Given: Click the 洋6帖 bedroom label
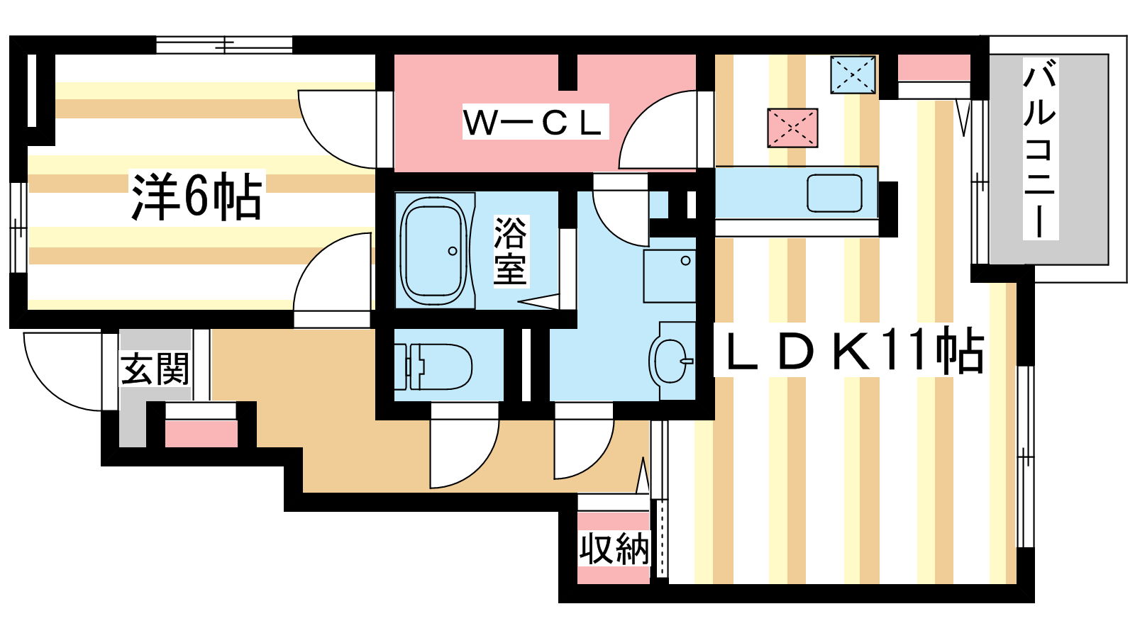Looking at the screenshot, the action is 197,196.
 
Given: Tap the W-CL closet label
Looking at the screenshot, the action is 535,122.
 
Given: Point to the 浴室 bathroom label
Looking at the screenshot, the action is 511,251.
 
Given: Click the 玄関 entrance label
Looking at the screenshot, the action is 155,369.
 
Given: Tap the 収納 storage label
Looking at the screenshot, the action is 614,549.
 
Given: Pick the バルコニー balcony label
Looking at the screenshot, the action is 1040,148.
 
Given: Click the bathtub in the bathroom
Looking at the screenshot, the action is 434,251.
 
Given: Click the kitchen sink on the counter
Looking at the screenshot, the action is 834,193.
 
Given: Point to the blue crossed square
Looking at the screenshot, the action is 853,75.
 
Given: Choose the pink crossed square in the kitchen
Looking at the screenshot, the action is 792,128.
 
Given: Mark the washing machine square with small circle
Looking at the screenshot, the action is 670,276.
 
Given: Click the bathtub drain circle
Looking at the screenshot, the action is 453,251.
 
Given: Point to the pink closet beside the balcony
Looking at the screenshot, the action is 934,67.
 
